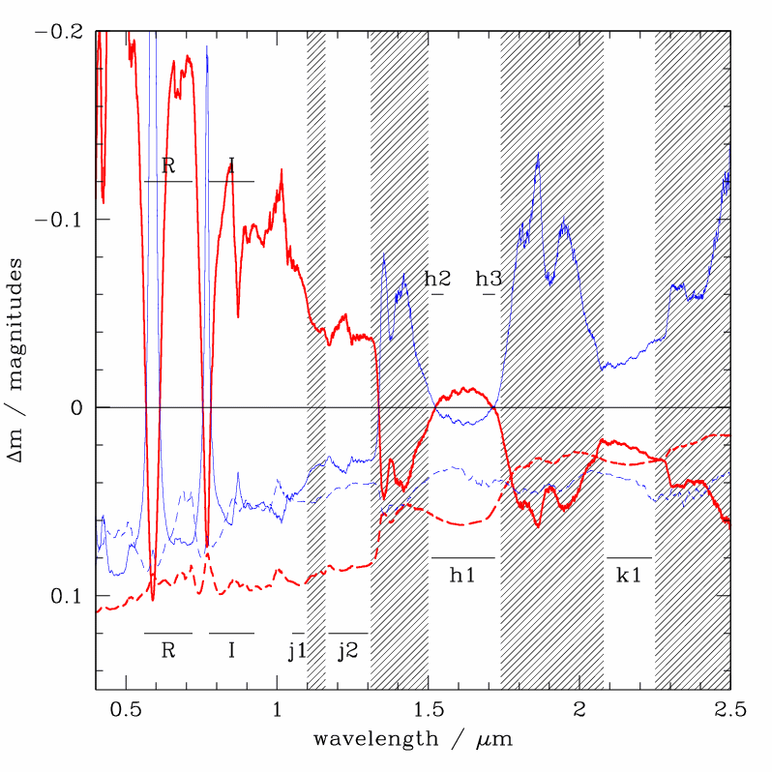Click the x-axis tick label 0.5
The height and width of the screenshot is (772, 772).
[x=126, y=709]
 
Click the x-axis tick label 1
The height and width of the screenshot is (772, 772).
[x=278, y=709]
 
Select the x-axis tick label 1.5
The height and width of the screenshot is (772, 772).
[x=429, y=709]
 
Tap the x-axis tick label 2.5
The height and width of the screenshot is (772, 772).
[x=730, y=709]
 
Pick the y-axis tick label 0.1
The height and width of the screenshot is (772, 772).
[x=67, y=595]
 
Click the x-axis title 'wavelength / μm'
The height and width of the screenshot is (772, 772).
[x=412, y=740]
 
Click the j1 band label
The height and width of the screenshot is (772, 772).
[x=297, y=650]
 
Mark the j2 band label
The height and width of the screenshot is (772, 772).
[x=347, y=650]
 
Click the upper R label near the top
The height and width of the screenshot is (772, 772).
[x=168, y=165]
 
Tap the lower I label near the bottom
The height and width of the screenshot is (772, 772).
[x=231, y=650]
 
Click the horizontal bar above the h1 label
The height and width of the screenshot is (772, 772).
[x=462, y=558]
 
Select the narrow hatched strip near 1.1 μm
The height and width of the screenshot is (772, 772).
[x=316, y=358]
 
